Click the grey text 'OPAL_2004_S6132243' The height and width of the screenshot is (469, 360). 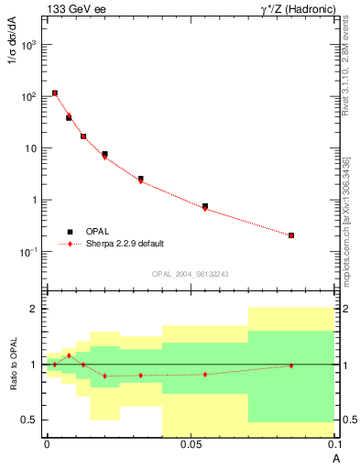coord(190,274)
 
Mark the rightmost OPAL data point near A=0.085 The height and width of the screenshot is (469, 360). coord(291,235)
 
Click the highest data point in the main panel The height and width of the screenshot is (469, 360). coord(55,93)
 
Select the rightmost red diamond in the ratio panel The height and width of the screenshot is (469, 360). coord(291,365)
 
